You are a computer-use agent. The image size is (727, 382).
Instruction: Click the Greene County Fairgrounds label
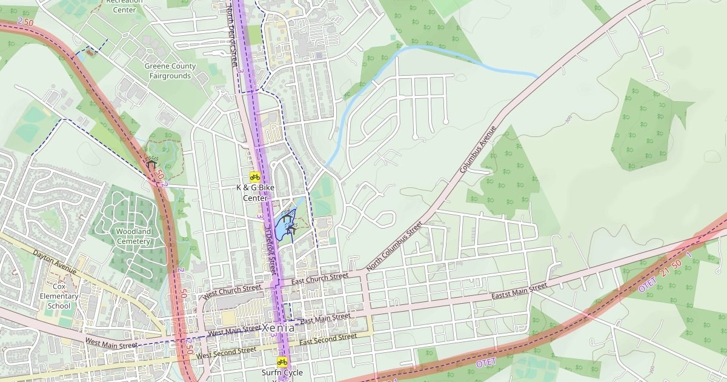click(170, 71)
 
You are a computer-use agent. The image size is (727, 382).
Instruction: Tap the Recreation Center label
click(125, 5)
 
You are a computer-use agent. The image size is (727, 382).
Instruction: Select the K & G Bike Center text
click(255, 193)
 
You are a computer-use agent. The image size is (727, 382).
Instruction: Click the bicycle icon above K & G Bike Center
click(255, 176)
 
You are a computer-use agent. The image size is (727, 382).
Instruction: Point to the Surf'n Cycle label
click(282, 373)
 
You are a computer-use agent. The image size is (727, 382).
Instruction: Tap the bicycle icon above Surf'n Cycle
click(282, 361)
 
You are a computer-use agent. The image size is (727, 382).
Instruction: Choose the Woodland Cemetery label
click(133, 236)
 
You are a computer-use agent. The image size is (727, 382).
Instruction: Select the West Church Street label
click(233, 291)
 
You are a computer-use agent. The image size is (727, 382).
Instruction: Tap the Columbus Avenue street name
click(478, 149)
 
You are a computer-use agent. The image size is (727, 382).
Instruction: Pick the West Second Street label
click(226, 352)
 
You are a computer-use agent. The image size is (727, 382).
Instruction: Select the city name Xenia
click(279, 327)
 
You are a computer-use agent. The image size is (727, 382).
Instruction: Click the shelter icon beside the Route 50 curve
click(150, 164)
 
